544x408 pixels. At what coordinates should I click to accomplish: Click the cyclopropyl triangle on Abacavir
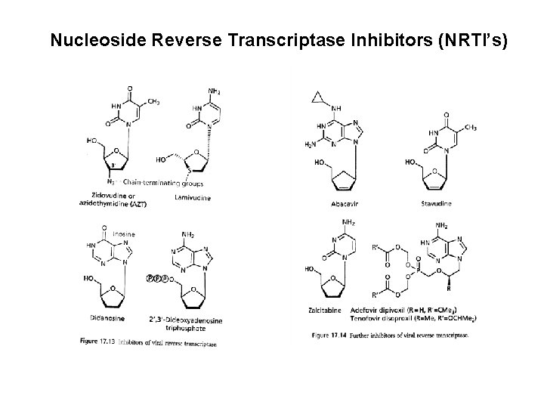(317, 97)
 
